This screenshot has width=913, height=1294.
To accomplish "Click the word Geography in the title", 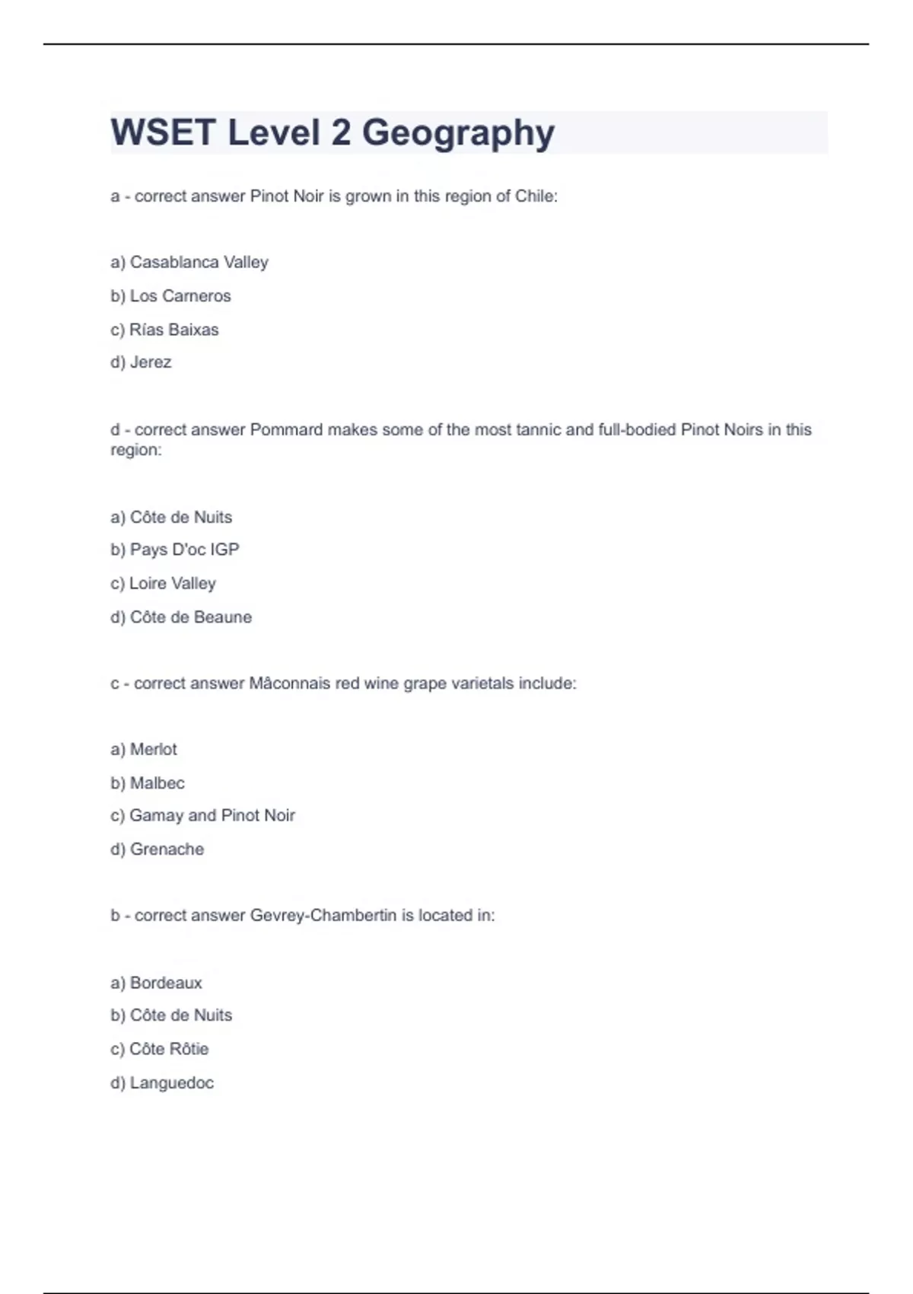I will click(458, 132).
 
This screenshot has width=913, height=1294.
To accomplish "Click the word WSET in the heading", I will click(163, 132).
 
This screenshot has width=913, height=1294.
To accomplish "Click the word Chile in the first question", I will click(535, 196).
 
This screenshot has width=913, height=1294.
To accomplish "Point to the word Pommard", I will click(286, 430).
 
